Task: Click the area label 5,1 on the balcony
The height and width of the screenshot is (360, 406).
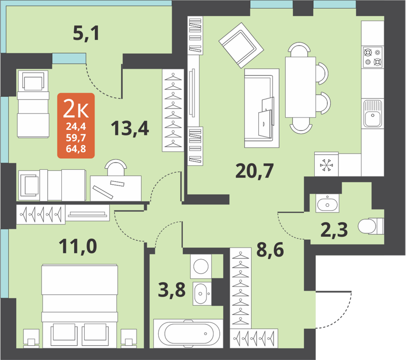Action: tap(86, 34)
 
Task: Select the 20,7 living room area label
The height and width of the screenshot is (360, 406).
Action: tap(254, 170)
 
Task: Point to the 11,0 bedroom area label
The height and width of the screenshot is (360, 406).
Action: tap(78, 248)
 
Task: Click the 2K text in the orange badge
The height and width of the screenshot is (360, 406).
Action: tap(76, 108)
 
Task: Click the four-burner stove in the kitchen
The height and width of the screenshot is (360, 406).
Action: tap(372, 57)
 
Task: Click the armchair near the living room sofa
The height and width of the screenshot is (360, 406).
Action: tap(241, 46)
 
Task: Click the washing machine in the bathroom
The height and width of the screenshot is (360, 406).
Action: tap(201, 266)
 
